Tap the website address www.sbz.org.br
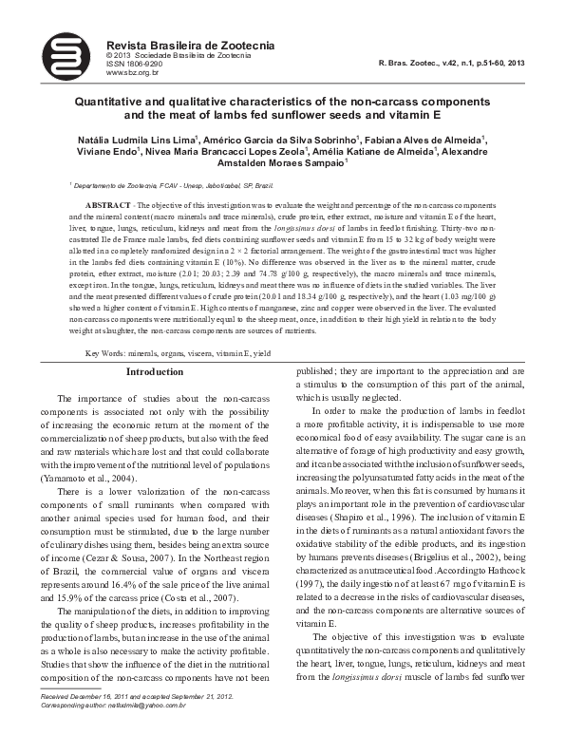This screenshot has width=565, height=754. pos(131,72)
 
